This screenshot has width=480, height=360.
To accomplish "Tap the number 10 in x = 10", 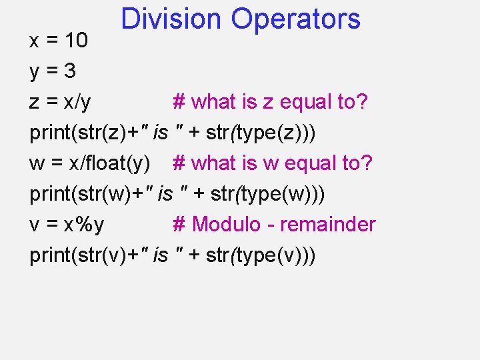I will [x=77, y=41].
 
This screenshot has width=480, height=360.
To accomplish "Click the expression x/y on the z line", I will [x=77, y=102].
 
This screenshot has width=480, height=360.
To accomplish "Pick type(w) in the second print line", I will [x=275, y=194].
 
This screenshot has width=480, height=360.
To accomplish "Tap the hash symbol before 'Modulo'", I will [x=179, y=225].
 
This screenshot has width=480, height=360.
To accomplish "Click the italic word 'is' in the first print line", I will [x=160, y=133].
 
